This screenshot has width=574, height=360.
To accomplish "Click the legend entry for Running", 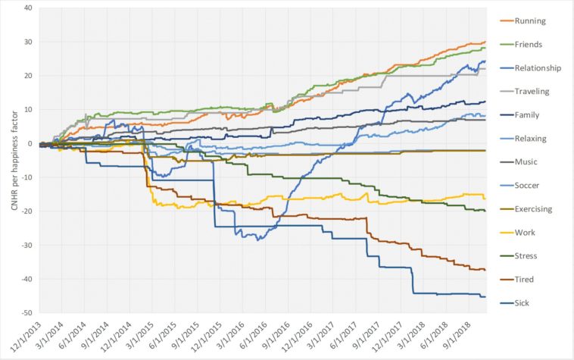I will point(531,20).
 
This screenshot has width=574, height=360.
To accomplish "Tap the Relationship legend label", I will point(538,67).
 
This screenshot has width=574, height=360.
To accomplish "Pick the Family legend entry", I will point(527,114).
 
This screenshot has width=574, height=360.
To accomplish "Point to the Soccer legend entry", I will point(528,186).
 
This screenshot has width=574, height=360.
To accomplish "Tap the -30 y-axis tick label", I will point(27,246).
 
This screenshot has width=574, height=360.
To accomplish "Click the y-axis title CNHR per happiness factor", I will point(9,161).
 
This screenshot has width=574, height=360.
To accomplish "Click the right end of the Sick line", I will point(485,296).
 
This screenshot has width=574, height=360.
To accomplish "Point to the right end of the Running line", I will point(485,42).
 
